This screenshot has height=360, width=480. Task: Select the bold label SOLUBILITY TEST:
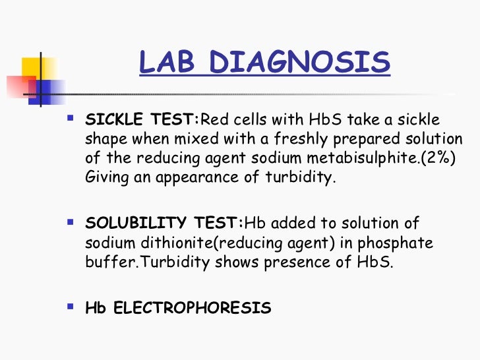(165, 224)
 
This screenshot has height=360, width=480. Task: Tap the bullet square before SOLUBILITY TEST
(71, 224)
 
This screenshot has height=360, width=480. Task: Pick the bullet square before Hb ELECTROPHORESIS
(71, 307)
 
